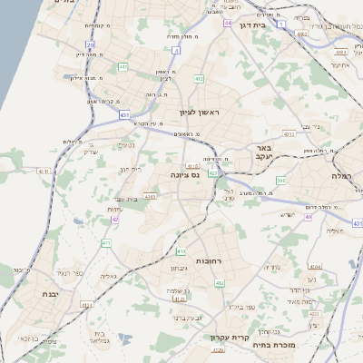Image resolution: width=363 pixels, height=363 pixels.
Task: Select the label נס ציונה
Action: (185, 174)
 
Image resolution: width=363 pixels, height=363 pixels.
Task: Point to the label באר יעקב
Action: (263, 152)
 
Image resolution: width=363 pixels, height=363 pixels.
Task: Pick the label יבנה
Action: (50, 295)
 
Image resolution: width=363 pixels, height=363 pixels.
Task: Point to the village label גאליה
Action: (108, 275)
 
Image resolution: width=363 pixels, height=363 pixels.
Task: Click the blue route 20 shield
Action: (90, 44)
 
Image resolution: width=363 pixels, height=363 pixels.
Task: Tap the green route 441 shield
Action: (123, 66)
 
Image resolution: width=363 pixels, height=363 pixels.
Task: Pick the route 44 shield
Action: (228, 22)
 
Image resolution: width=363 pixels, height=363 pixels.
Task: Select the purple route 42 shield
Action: (115, 220)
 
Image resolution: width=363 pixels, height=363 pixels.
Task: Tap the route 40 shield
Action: (309, 218)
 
